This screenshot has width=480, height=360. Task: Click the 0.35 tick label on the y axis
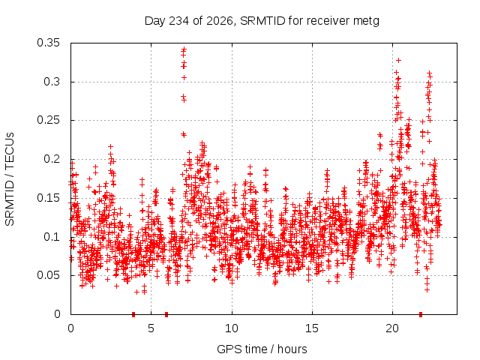tap(48, 43)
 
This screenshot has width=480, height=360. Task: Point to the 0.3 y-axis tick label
tap(52, 82)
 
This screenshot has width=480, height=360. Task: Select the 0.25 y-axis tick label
tap(48, 120)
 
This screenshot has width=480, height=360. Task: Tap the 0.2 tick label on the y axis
tap(52, 159)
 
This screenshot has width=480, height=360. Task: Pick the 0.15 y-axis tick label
tap(48, 198)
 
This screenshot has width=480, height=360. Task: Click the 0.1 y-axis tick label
tap(52, 237)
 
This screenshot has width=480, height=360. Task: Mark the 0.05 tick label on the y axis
tap(48, 275)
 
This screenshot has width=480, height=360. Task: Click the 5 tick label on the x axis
tap(151, 328)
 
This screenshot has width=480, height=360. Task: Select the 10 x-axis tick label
tap(232, 328)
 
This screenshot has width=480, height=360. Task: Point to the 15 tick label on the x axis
tap(312, 328)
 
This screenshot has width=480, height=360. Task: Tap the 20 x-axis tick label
tap(392, 328)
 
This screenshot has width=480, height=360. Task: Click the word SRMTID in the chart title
tap(262, 21)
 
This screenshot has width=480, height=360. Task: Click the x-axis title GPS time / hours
tap(262, 349)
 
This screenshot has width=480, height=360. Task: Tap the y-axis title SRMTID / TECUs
tap(10, 179)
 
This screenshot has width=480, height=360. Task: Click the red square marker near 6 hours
tap(166, 314)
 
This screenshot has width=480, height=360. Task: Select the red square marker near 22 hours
tap(421, 314)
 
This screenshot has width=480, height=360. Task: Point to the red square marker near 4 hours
tap(133, 314)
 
